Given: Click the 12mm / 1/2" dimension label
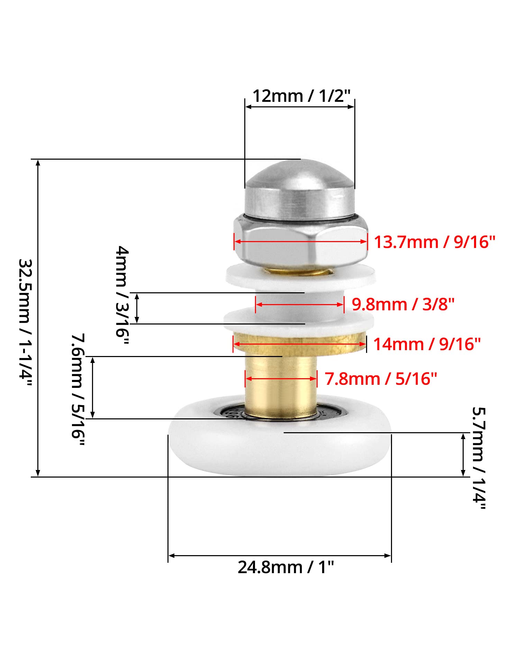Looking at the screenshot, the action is pos(301,96).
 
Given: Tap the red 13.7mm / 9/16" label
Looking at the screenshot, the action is pos(435,242).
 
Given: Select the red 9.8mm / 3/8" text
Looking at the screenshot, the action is pos(403,304).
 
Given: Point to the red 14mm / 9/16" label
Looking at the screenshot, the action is pos(427,344).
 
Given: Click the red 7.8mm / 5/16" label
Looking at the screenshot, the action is pos(381,379).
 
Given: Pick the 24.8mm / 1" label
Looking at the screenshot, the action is pos(286,567).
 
